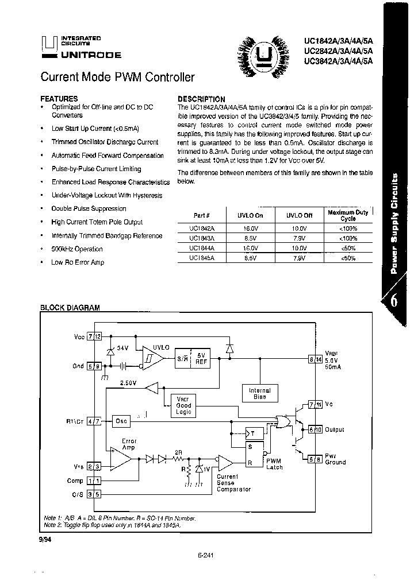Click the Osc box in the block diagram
121,420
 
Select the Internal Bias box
259,393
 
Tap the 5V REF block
201,359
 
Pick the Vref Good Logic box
183,405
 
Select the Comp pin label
75,481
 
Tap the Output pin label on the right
334,429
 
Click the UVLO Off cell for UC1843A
299,238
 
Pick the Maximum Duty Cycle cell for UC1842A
348,228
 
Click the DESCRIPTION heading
201,99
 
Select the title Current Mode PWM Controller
117,77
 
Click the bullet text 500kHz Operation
77,249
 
